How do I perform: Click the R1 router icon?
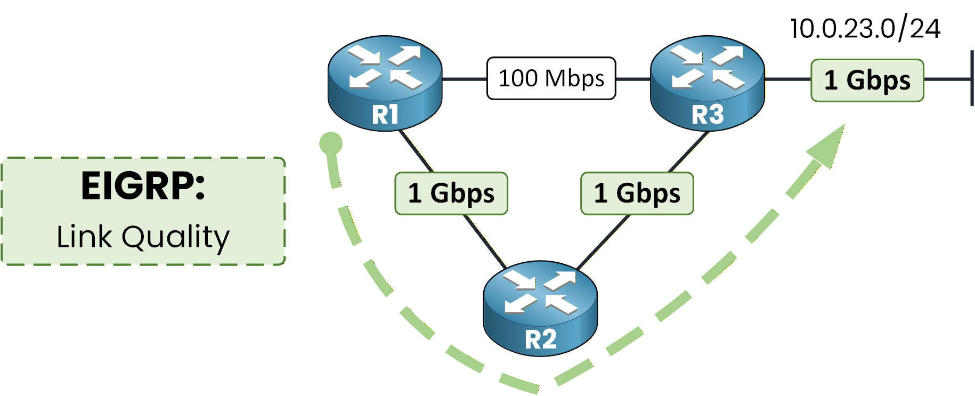point(385,83)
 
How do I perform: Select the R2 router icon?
point(540,308)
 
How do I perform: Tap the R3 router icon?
point(708,83)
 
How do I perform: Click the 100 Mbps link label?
point(551,78)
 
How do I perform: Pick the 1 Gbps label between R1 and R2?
point(451,193)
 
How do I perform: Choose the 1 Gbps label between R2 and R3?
point(637,193)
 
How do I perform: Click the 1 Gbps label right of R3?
point(867,80)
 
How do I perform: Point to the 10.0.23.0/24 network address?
point(865,28)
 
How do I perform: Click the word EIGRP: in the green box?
point(143,186)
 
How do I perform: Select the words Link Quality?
point(143,237)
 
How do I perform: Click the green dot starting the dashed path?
point(330,143)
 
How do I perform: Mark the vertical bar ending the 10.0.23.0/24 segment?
point(972,78)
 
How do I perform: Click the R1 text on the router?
point(385,115)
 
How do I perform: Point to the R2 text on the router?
point(540,340)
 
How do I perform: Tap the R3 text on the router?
point(708,115)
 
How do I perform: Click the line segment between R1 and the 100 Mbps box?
point(464,79)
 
